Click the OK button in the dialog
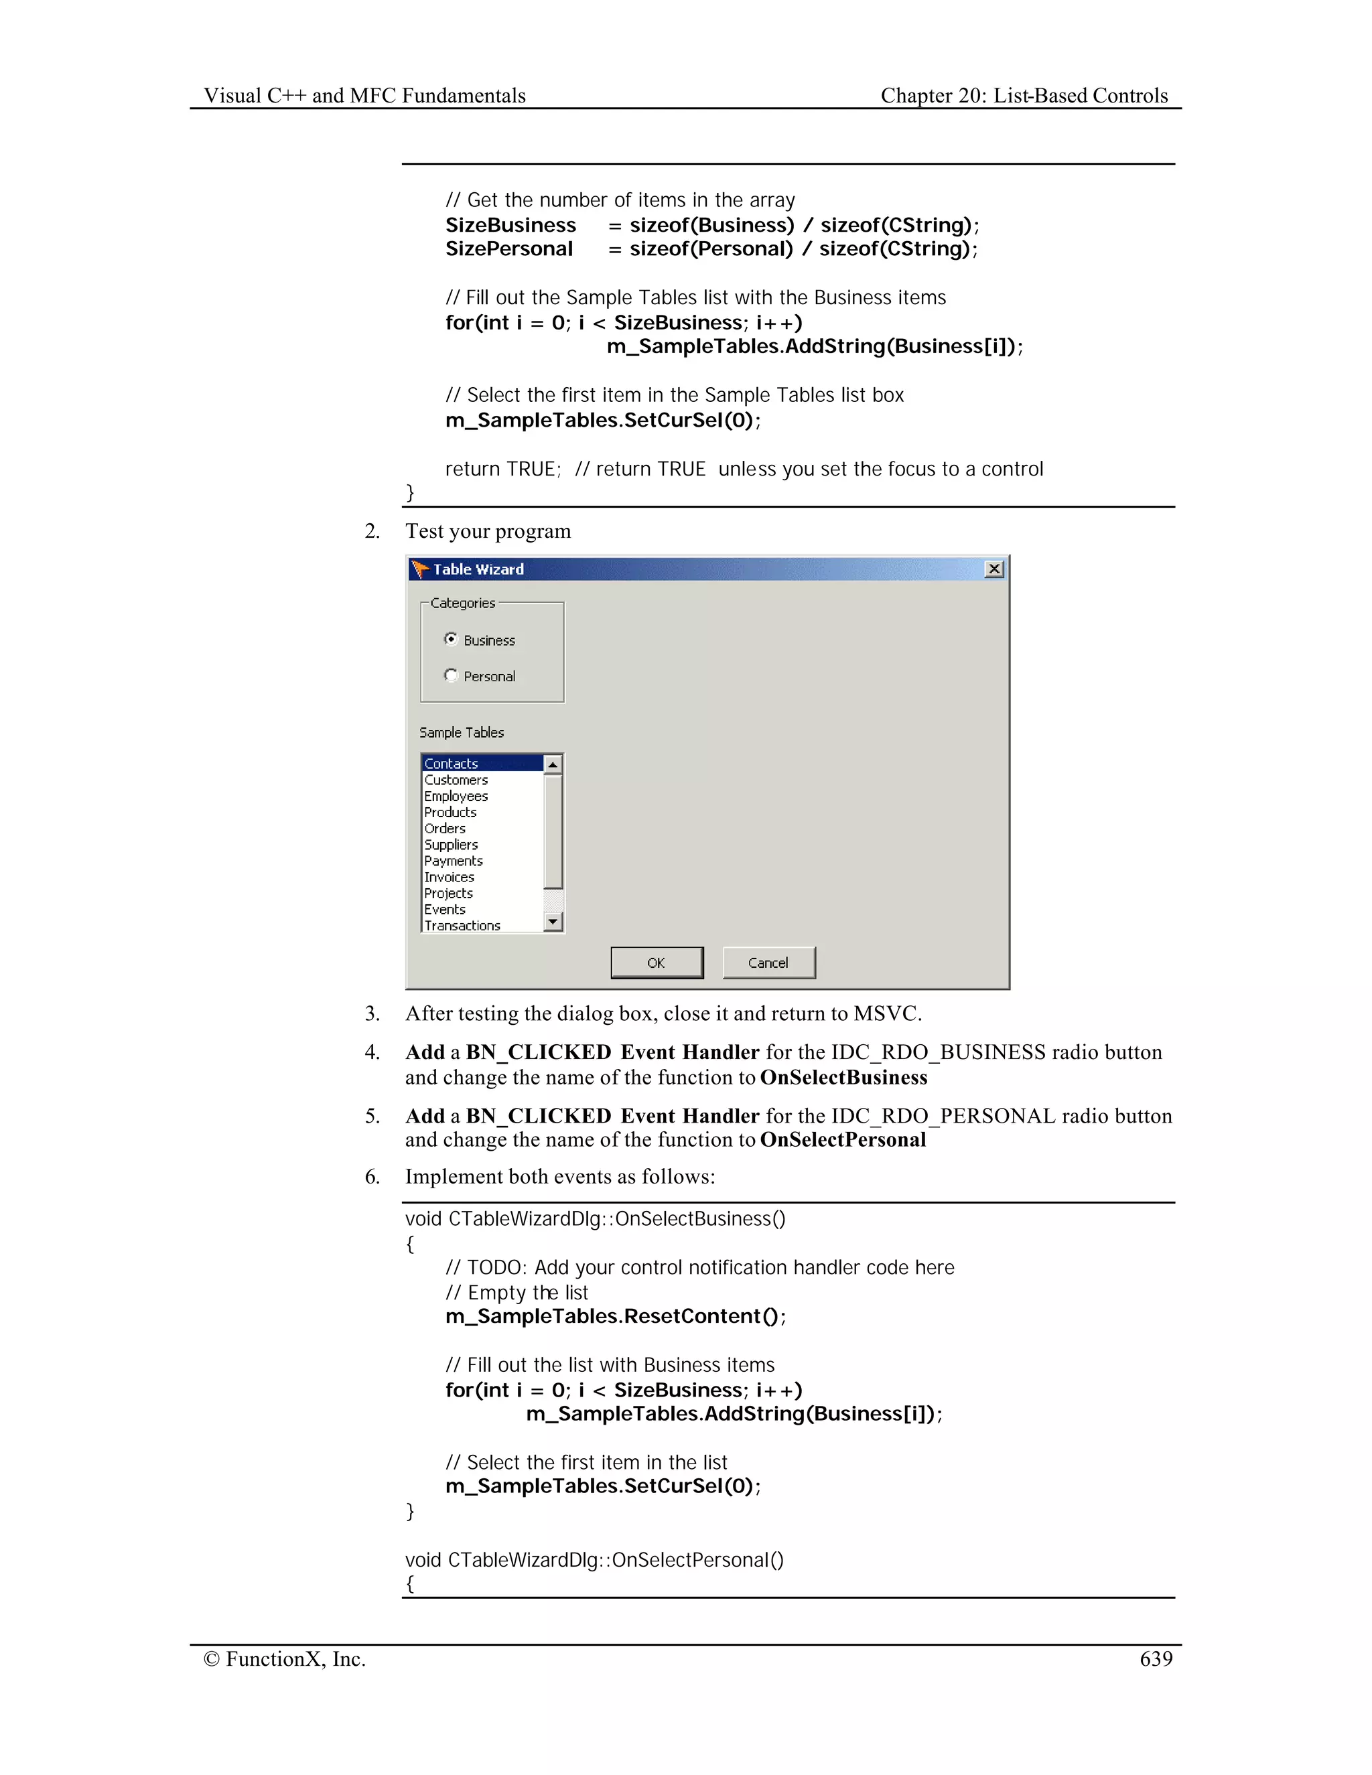pos(656,963)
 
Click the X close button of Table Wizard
pos(993,569)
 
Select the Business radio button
pos(451,639)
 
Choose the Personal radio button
pos(451,675)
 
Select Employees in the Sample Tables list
pos(456,796)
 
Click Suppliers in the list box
pos(451,845)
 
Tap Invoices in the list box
pos(449,877)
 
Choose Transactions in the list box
pos(462,925)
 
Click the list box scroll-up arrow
pos(553,764)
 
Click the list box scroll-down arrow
pos(553,921)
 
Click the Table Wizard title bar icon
pos(419,569)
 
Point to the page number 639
pos(1155,1658)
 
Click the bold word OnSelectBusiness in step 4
pos(843,1077)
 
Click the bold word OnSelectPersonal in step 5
pos(842,1139)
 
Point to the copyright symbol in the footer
pos(211,1658)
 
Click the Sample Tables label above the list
pos(461,732)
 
